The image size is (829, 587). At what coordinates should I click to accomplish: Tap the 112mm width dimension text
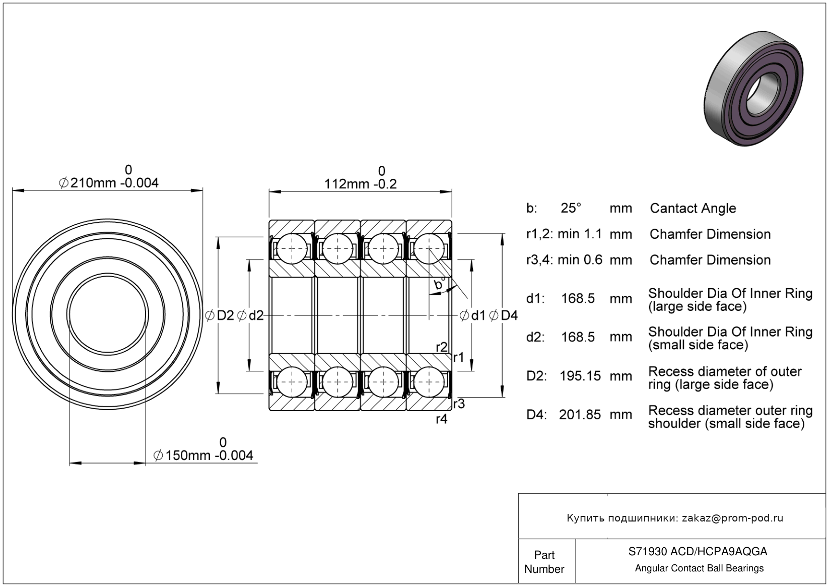click(x=360, y=184)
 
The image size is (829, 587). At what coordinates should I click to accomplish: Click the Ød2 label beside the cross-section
click(x=250, y=316)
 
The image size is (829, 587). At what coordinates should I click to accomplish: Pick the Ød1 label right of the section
click(x=472, y=316)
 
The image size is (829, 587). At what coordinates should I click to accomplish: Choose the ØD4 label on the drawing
click(x=503, y=316)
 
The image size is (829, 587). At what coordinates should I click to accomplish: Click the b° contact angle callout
click(x=439, y=285)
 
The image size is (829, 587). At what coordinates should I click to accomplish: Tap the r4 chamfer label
click(x=441, y=419)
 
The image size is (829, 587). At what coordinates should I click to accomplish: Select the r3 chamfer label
click(x=458, y=404)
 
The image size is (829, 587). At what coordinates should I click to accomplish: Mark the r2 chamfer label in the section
click(x=441, y=347)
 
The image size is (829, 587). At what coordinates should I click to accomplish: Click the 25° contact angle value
click(x=571, y=208)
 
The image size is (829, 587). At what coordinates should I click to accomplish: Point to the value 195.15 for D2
click(x=580, y=376)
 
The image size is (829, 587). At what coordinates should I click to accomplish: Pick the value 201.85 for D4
click(x=580, y=415)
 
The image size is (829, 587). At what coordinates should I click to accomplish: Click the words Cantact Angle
click(x=693, y=208)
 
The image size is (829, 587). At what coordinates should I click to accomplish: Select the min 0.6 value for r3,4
click(x=580, y=260)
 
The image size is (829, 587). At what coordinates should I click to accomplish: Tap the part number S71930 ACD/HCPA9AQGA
click(x=698, y=552)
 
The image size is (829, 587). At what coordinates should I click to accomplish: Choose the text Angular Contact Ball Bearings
click(x=699, y=568)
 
